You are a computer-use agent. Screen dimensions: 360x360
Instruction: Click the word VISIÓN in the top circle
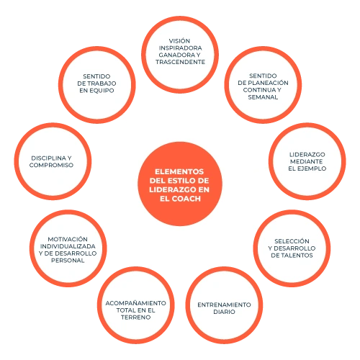click(179, 41)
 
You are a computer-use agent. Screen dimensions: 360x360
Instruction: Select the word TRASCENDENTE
click(180, 62)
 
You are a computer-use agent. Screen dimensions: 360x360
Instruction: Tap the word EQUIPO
click(103, 91)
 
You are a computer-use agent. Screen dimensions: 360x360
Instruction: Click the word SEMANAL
click(263, 97)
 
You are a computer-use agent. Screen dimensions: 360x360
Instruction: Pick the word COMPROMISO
click(51, 165)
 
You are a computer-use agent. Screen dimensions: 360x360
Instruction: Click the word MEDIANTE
click(306, 161)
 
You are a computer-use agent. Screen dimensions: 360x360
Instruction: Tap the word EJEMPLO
click(312, 168)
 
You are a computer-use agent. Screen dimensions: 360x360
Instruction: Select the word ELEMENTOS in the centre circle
click(179, 171)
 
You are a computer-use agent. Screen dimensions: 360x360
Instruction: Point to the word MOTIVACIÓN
click(68, 239)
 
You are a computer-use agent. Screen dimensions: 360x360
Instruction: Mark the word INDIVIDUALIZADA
click(68, 246)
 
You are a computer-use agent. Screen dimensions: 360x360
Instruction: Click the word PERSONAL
click(68, 261)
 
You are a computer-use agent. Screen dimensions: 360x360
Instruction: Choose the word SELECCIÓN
click(292, 241)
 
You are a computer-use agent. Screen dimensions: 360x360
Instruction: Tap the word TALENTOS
click(297, 256)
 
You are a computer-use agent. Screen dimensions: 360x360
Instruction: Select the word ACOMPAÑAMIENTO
click(135, 303)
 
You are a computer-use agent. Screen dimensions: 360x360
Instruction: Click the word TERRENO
click(136, 318)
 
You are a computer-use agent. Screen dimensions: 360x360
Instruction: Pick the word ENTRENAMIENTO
click(224, 305)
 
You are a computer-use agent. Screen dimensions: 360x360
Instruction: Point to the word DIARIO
click(224, 312)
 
